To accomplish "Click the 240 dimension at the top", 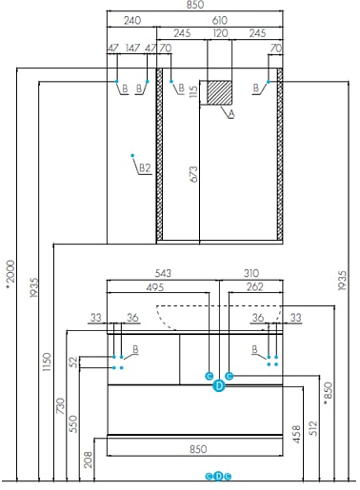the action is (132, 21).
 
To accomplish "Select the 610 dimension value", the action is (219, 21).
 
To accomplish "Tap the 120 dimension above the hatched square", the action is (220, 33).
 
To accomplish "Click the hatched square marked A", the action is (219, 92).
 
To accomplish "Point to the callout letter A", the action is (231, 113).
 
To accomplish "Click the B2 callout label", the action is (145, 168).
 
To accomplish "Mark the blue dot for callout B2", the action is (132, 155).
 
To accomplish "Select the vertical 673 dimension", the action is (193, 174).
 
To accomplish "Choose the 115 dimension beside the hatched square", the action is (193, 92).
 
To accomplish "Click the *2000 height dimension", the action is (10, 275).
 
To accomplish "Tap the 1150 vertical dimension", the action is (47, 362).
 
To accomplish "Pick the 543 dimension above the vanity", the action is (163, 273).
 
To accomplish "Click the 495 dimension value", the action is (155, 287).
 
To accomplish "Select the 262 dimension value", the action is (255, 286).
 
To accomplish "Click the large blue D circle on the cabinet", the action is (219, 386).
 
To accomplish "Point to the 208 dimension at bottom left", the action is (89, 460).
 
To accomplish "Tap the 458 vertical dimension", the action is (296, 434).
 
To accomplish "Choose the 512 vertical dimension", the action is (312, 428).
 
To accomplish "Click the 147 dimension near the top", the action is (132, 49).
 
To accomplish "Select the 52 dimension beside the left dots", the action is (73, 362).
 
